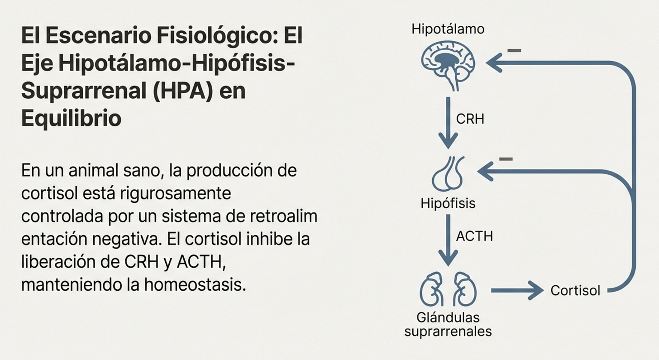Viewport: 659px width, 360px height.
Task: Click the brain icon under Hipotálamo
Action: (x=448, y=64)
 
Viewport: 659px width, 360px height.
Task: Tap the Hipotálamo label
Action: (x=448, y=29)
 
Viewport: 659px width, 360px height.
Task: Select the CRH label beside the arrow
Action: (x=470, y=119)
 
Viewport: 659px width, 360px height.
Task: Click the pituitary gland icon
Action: (x=448, y=174)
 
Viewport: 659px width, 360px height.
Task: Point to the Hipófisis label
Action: (x=448, y=203)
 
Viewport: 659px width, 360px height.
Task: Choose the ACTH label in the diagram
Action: (x=474, y=236)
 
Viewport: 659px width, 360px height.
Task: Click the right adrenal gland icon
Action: (x=465, y=289)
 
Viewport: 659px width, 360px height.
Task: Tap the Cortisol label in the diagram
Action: (x=575, y=290)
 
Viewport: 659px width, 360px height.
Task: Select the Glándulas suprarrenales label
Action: (x=448, y=324)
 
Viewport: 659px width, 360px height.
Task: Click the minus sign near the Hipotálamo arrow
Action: (x=514, y=51)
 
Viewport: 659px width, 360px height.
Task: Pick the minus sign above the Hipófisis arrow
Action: (x=506, y=159)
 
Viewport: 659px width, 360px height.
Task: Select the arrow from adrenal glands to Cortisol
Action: (x=517, y=290)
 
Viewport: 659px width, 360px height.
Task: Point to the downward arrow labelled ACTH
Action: (x=448, y=240)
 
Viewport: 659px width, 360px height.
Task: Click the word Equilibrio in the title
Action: (x=71, y=118)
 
